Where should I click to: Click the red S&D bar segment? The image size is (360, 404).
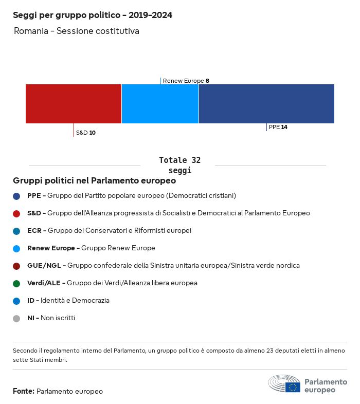tap(74, 104)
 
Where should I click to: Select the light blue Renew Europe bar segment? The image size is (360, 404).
tap(160, 104)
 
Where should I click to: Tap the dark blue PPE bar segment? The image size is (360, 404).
tap(266, 104)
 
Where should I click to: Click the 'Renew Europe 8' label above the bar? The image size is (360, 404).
tap(186, 81)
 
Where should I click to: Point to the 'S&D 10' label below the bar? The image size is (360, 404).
tap(85, 133)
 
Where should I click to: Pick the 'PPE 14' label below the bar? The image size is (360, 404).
tap(278, 127)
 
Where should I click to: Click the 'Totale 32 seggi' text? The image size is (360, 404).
tap(179, 165)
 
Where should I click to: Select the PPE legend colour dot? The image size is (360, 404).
tap(16, 196)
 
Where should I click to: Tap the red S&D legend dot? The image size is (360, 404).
tap(16, 213)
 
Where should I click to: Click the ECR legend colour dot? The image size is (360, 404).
tap(16, 231)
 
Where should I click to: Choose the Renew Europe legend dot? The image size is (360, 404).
tap(16, 248)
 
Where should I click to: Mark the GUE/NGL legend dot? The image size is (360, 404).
tap(16, 266)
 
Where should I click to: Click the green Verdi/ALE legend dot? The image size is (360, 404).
tap(16, 283)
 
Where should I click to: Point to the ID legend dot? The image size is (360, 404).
tap(16, 301)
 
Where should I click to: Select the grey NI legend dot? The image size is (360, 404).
tap(16, 318)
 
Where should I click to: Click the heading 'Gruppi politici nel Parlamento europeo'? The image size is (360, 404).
tap(95, 181)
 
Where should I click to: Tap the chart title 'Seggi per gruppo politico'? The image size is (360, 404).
tap(93, 15)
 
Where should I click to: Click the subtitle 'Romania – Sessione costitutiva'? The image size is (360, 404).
tap(77, 31)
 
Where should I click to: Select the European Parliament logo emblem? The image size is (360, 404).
tap(284, 383)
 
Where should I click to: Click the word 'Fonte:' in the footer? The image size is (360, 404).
tap(24, 391)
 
